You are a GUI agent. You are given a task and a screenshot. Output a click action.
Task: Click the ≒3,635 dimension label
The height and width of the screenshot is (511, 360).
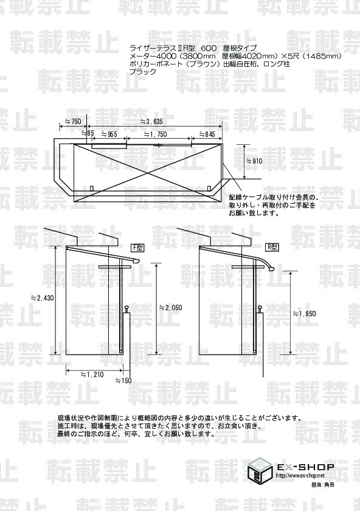tap(151, 122)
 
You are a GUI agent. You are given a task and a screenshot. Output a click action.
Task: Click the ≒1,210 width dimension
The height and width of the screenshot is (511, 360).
tap(92, 375)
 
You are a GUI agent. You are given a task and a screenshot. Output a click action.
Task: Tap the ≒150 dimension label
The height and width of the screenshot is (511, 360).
tap(123, 380)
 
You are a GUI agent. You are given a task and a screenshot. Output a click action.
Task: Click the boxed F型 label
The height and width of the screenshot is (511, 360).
tap(137, 248)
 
